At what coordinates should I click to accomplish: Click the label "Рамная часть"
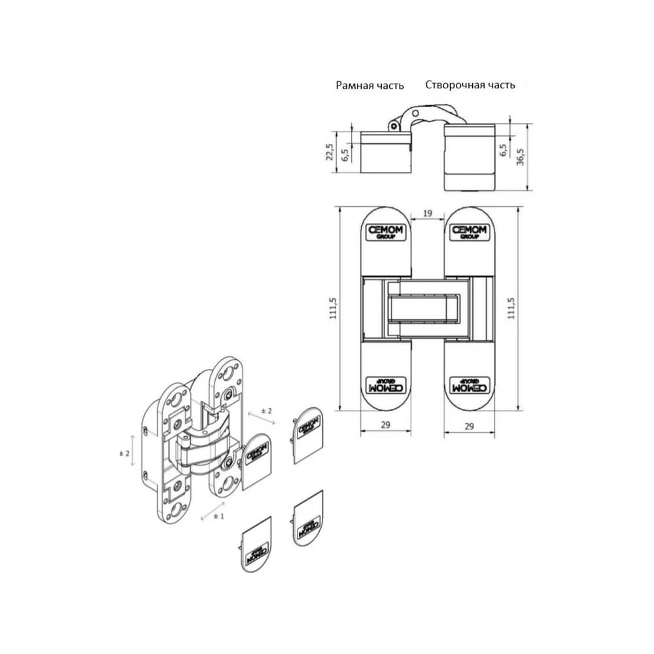coord(370,86)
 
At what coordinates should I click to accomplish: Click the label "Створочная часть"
coord(470,84)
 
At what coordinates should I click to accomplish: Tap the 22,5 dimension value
coord(330,152)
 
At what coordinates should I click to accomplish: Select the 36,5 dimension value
coord(520,157)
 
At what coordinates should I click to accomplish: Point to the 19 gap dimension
coord(428,214)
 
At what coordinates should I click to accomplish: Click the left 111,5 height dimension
coord(334,309)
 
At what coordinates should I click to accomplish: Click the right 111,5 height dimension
coord(511,309)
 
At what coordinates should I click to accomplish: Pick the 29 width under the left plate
coord(386,424)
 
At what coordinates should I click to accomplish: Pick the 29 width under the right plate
coord(469,426)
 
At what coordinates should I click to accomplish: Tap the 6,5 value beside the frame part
coord(345,155)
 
